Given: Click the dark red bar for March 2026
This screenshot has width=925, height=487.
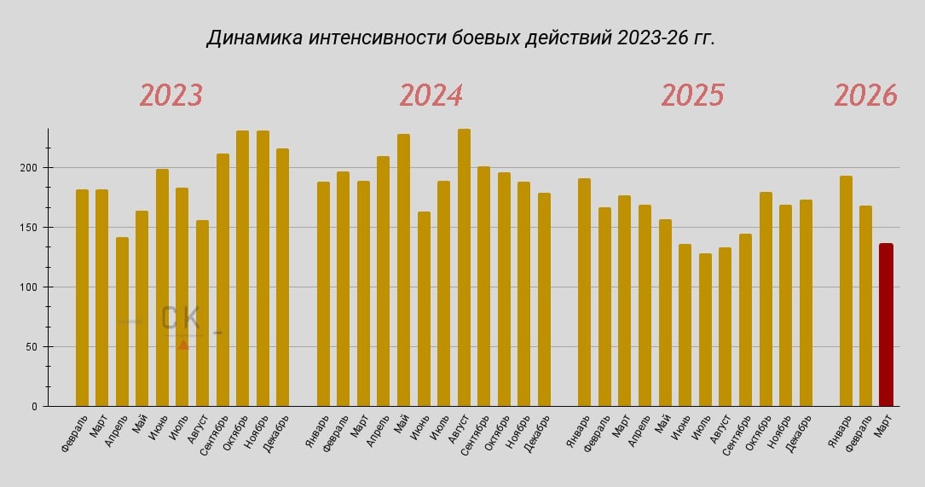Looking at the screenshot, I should click(x=886, y=324).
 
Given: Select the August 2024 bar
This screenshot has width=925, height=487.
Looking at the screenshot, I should click(x=464, y=268).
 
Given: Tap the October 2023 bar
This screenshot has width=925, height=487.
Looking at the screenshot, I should click(x=242, y=269).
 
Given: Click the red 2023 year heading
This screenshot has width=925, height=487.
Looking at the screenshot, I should click(x=171, y=95).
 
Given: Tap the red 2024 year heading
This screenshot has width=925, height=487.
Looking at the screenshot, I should click(x=431, y=95).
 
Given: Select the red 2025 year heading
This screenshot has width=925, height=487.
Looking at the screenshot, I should click(x=692, y=95).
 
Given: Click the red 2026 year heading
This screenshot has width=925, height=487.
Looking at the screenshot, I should click(x=865, y=95).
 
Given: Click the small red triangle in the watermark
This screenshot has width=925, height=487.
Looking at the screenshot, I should click(x=183, y=345).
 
